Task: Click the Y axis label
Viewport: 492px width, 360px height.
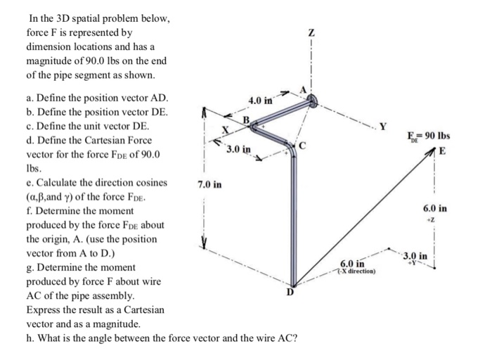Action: [383, 127]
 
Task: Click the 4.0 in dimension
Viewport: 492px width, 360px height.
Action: [261, 102]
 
